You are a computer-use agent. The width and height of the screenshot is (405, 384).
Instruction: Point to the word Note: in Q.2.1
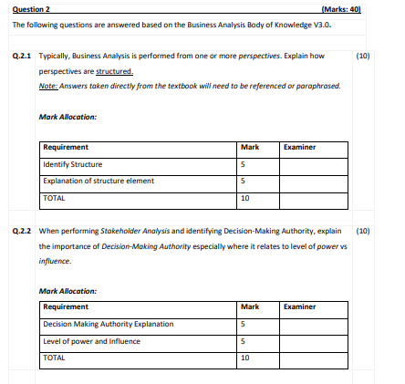[47, 84]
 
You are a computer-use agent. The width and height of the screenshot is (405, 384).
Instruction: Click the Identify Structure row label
[67, 164]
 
